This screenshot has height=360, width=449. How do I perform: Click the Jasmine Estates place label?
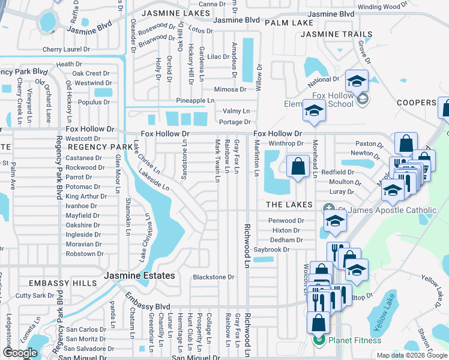140,276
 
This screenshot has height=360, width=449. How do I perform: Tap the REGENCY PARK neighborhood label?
100,146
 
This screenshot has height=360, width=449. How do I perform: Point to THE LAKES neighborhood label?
290,205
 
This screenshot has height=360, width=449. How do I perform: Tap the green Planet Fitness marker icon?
319,341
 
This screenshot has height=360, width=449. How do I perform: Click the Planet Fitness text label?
354,341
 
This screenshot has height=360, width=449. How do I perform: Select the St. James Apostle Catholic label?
387,210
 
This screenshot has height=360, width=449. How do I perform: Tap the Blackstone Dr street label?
213,277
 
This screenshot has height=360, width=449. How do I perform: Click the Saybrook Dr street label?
271,249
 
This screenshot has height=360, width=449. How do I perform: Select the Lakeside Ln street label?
154,179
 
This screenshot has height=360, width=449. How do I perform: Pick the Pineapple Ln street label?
195,100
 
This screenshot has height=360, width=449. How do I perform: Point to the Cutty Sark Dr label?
35,295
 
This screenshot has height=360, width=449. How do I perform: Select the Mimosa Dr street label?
231,89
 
